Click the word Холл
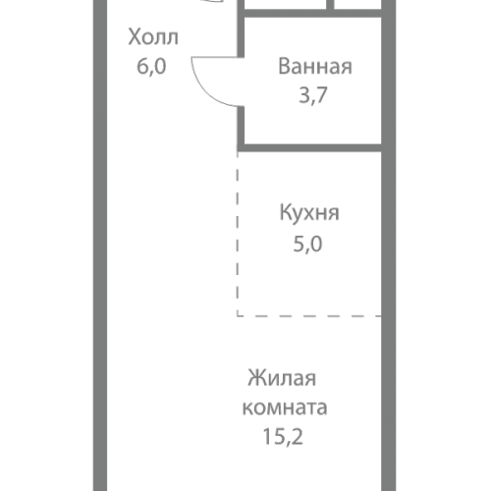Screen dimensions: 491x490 point(153,39)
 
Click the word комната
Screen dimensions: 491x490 point(287,405)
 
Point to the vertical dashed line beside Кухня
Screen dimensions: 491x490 point(238,236)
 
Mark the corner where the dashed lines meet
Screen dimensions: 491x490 point(238,315)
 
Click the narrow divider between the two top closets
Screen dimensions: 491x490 point(330,5)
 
